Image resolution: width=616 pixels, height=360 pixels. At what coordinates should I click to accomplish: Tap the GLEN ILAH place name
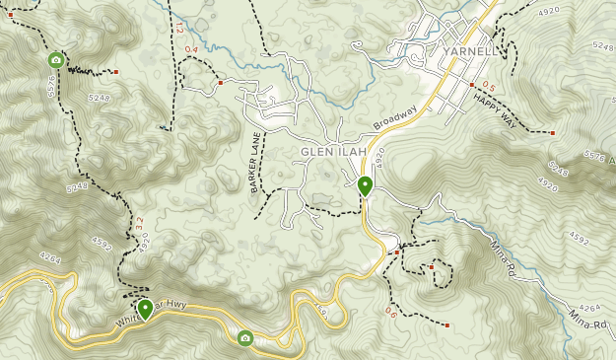click(333, 151)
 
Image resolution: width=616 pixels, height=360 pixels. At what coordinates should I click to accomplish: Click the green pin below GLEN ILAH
click(365, 184)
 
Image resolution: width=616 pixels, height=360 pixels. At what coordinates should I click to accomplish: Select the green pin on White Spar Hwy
click(146, 309)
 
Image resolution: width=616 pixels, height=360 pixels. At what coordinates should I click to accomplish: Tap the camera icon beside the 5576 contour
click(56, 60)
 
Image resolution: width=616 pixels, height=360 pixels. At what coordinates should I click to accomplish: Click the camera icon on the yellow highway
click(244, 338)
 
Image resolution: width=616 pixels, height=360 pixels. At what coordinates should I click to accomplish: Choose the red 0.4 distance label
click(190, 49)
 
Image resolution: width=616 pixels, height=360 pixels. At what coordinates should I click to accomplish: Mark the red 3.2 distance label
click(139, 226)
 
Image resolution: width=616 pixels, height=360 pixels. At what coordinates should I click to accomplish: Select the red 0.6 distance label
click(390, 313)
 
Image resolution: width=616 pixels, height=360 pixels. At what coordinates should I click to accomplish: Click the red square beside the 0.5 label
click(472, 85)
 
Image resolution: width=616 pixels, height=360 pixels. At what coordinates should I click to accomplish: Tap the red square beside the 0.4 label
click(220, 83)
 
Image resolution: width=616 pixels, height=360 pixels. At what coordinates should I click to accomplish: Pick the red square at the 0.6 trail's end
click(447, 324)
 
